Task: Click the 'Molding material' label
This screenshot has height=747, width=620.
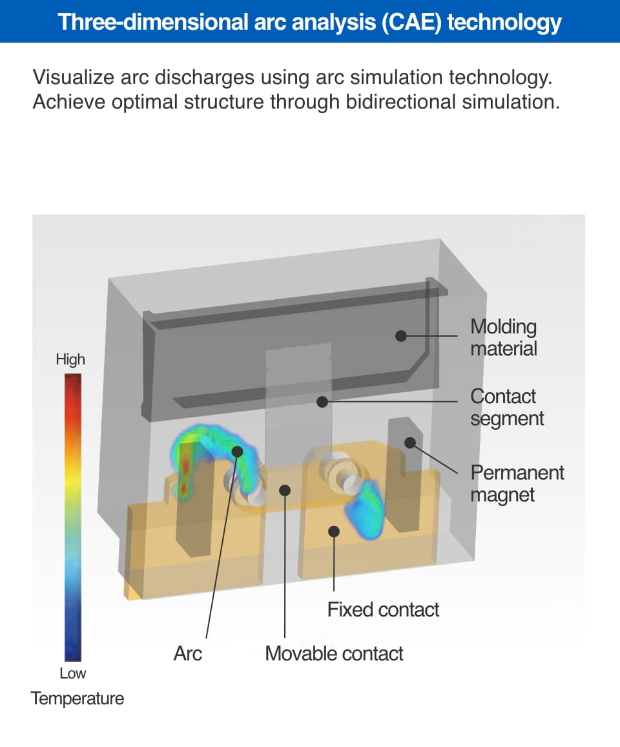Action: tap(503, 337)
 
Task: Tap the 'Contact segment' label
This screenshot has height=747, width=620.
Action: tap(507, 407)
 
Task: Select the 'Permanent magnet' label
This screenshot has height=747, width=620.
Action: tap(517, 483)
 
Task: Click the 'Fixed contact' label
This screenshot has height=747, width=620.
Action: tap(383, 609)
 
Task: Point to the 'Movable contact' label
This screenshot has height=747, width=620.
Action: tap(334, 653)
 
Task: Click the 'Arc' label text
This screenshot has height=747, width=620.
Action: tap(187, 653)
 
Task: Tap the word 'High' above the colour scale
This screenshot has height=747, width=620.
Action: tap(70, 359)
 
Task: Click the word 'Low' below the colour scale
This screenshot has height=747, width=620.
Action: tap(72, 673)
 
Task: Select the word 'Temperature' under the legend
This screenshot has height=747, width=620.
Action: tap(77, 699)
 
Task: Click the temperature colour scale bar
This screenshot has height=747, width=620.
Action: tap(73, 517)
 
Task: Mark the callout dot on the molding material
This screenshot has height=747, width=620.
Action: tap(401, 336)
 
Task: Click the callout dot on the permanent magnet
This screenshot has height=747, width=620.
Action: tap(409, 443)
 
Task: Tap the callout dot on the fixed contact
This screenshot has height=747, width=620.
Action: tap(334, 531)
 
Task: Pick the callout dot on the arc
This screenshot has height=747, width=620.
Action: tap(237, 451)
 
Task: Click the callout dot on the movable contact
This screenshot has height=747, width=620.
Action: tap(285, 490)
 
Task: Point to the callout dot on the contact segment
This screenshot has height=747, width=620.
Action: tap(321, 402)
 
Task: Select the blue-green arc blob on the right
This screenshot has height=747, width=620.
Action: tap(367, 504)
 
